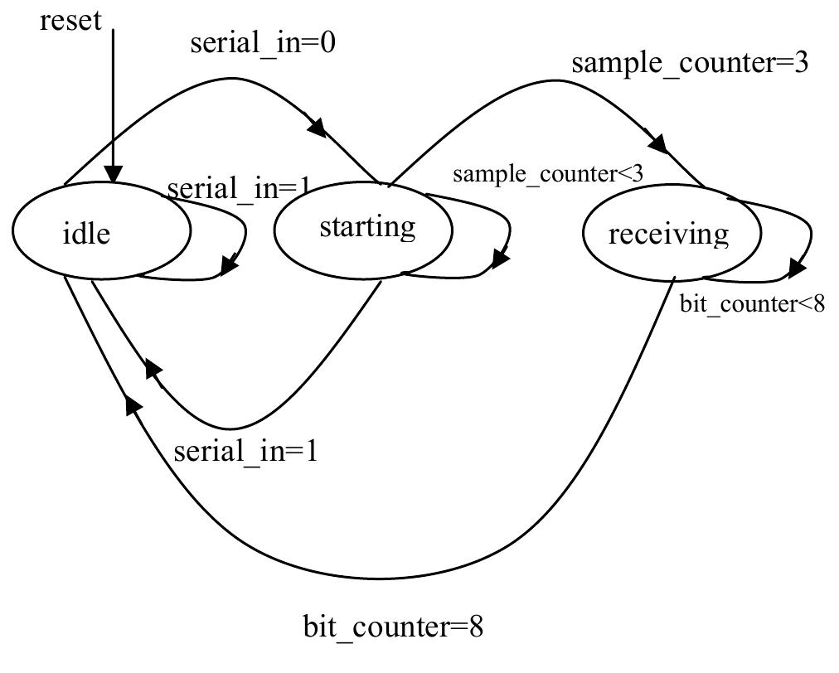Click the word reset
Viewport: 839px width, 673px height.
click(x=70, y=20)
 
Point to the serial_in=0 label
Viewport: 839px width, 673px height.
click(x=263, y=43)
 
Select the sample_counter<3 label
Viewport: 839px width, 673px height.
click(x=547, y=174)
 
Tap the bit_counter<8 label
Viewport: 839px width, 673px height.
click(x=752, y=304)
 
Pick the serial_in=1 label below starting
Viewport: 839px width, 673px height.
click(x=245, y=451)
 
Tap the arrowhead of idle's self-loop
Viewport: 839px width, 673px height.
click(x=228, y=268)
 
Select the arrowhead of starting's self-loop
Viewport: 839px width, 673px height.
click(x=500, y=259)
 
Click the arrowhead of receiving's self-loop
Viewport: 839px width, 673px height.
click(x=798, y=269)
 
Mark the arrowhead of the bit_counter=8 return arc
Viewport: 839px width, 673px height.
click(x=133, y=404)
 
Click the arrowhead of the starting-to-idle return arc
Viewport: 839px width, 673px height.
click(x=153, y=369)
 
